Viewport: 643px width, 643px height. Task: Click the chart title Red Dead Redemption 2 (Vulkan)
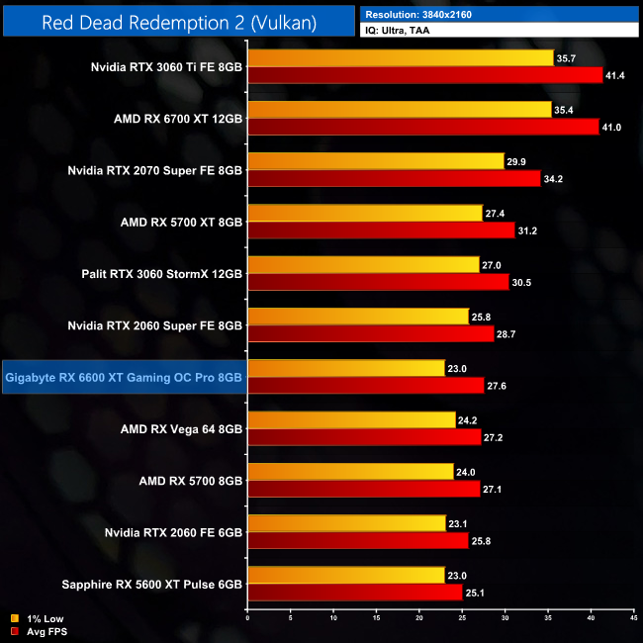click(x=178, y=22)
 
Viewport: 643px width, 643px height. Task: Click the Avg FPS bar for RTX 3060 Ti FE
click(x=425, y=75)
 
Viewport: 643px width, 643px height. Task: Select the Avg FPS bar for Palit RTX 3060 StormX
click(x=378, y=282)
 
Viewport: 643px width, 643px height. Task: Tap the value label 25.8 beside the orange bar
click(x=483, y=316)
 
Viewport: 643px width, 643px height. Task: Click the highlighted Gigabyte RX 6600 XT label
click(x=124, y=376)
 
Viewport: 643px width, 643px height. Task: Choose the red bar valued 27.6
click(x=366, y=385)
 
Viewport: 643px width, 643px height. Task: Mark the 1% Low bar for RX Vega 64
click(x=351, y=419)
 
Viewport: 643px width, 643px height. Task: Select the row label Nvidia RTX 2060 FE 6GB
click(x=173, y=531)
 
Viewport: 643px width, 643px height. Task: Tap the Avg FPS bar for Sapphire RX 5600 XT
click(x=355, y=592)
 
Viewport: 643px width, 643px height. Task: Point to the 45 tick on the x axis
click(x=633, y=618)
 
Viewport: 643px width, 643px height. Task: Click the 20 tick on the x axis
click(x=418, y=618)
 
